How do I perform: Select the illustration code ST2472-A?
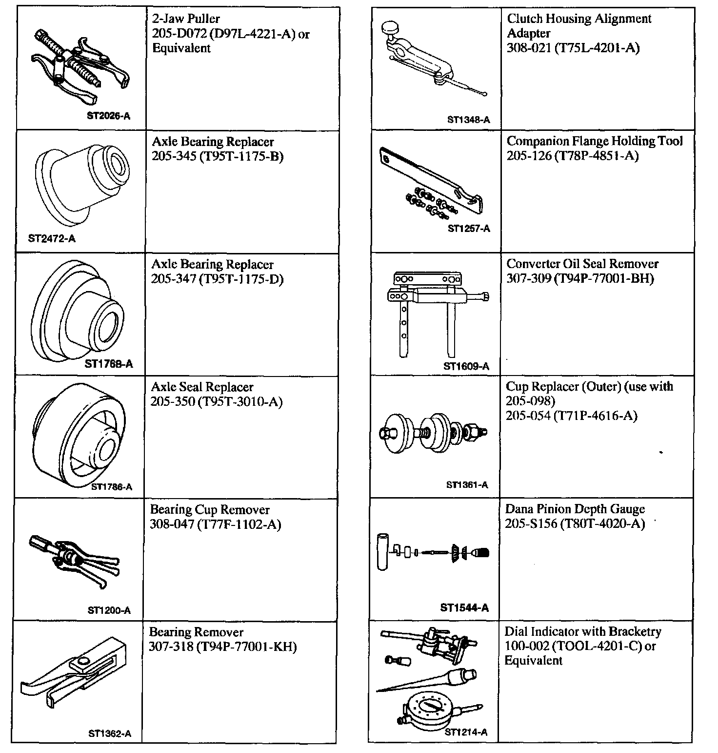52,239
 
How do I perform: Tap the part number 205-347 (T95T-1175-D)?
217,279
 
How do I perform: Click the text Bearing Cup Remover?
210,510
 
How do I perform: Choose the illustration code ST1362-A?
110,733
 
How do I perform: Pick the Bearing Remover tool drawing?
73,674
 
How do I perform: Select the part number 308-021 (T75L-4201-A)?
573,48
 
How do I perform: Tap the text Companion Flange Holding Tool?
595,141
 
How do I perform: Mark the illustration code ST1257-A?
469,228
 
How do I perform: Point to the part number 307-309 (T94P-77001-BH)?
580,278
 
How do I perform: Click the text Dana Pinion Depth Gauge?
575,509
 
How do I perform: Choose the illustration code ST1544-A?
464,608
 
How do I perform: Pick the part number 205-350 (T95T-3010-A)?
217,402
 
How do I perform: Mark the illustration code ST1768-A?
108,364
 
